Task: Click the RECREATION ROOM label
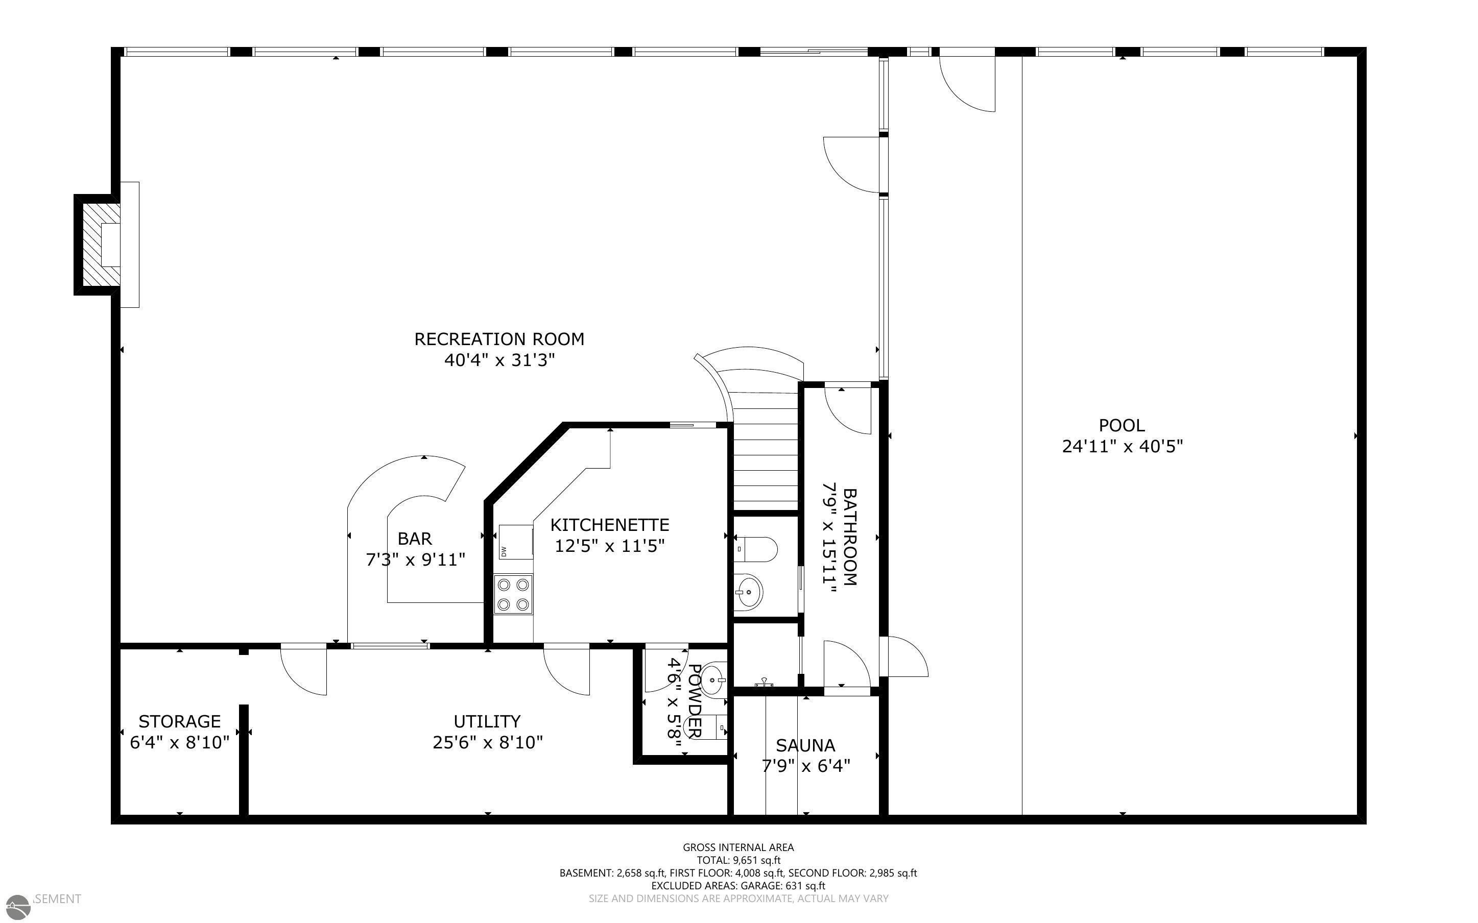click(499, 339)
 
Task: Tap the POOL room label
click(1122, 425)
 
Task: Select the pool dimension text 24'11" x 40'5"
click(1122, 446)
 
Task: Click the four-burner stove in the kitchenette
click(513, 595)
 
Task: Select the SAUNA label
click(805, 745)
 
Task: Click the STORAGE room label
click(179, 721)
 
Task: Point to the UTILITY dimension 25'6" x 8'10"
click(487, 742)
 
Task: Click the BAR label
click(415, 539)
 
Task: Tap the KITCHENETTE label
click(609, 525)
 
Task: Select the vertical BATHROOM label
click(850, 537)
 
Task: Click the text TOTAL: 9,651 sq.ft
click(738, 860)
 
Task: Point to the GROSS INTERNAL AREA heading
click(738, 847)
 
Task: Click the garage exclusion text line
click(738, 886)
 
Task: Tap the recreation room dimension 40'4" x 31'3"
click(499, 360)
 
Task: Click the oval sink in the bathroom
click(749, 592)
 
